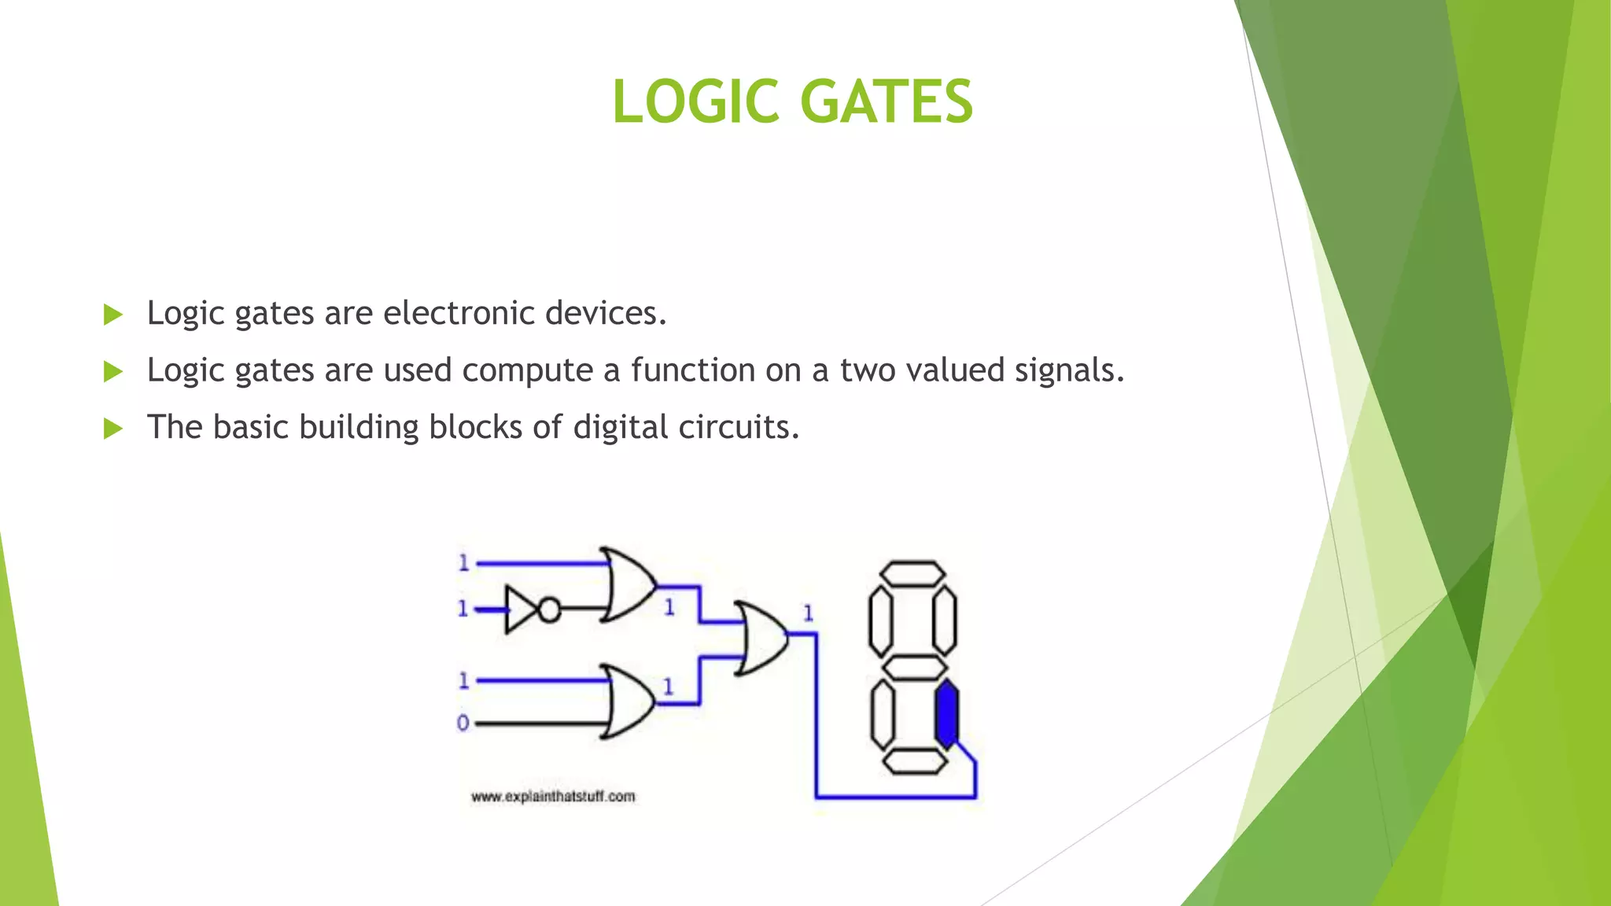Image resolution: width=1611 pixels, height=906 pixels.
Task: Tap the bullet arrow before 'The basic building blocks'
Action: click(113, 429)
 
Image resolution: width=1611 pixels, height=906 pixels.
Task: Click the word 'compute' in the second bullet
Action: click(527, 370)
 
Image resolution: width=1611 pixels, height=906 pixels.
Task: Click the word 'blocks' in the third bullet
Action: click(475, 427)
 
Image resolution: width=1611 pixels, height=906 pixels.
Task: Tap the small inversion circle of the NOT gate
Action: click(549, 610)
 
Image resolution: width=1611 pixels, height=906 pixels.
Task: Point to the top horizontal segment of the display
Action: click(912, 573)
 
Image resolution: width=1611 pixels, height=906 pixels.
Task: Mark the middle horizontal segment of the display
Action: click(913, 668)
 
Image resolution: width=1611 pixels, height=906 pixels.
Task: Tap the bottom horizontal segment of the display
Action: click(914, 761)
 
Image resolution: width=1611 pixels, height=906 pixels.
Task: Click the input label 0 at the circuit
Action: click(463, 723)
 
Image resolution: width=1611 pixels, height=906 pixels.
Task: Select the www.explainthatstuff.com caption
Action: click(553, 797)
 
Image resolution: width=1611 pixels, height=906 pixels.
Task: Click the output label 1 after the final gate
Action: click(808, 613)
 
